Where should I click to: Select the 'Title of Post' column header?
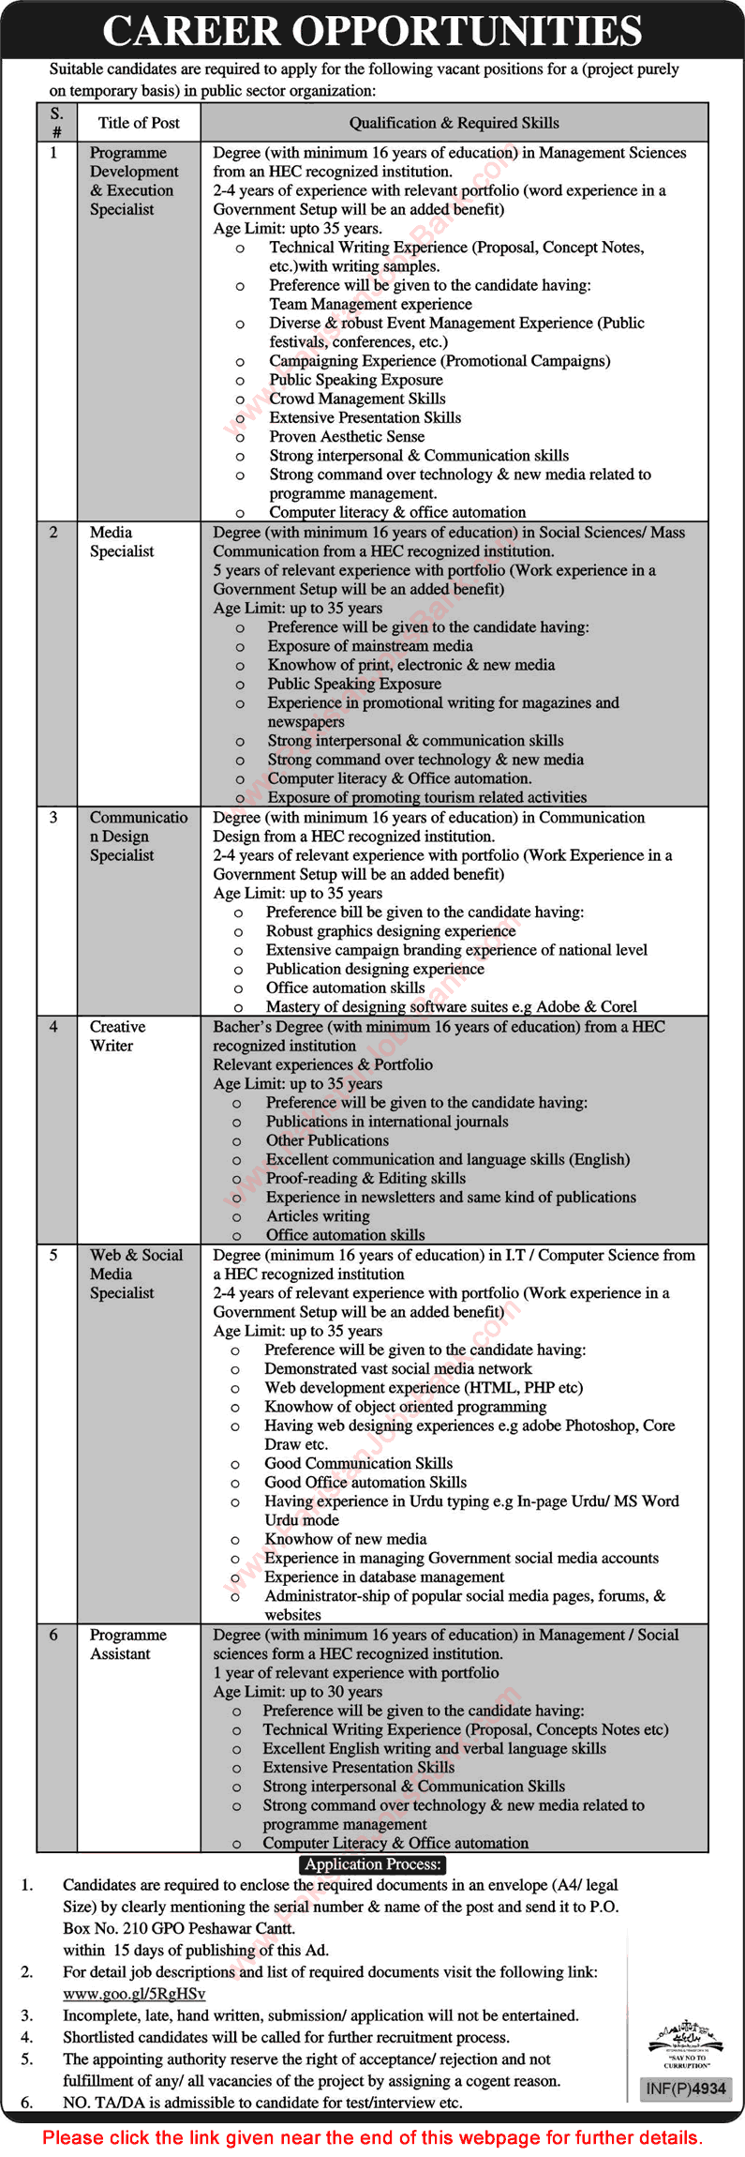(139, 123)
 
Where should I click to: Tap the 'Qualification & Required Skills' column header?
(454, 123)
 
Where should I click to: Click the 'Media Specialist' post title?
(121, 541)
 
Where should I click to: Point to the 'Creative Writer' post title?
(117, 1035)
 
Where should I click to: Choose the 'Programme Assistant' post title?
(127, 1644)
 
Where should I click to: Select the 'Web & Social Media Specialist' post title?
(135, 1273)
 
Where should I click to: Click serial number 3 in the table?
(53, 817)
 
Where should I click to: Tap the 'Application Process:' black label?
(372, 1864)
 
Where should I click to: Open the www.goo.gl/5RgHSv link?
(134, 1994)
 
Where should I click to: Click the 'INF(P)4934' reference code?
(685, 2089)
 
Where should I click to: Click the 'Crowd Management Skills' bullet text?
(357, 399)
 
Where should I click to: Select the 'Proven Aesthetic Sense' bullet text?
(347, 436)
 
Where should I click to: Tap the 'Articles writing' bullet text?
(318, 1215)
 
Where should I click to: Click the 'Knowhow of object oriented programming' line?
(405, 1406)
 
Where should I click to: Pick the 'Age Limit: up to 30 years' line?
(297, 1691)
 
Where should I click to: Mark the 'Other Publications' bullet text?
(327, 1140)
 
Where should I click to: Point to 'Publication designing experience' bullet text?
(375, 969)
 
